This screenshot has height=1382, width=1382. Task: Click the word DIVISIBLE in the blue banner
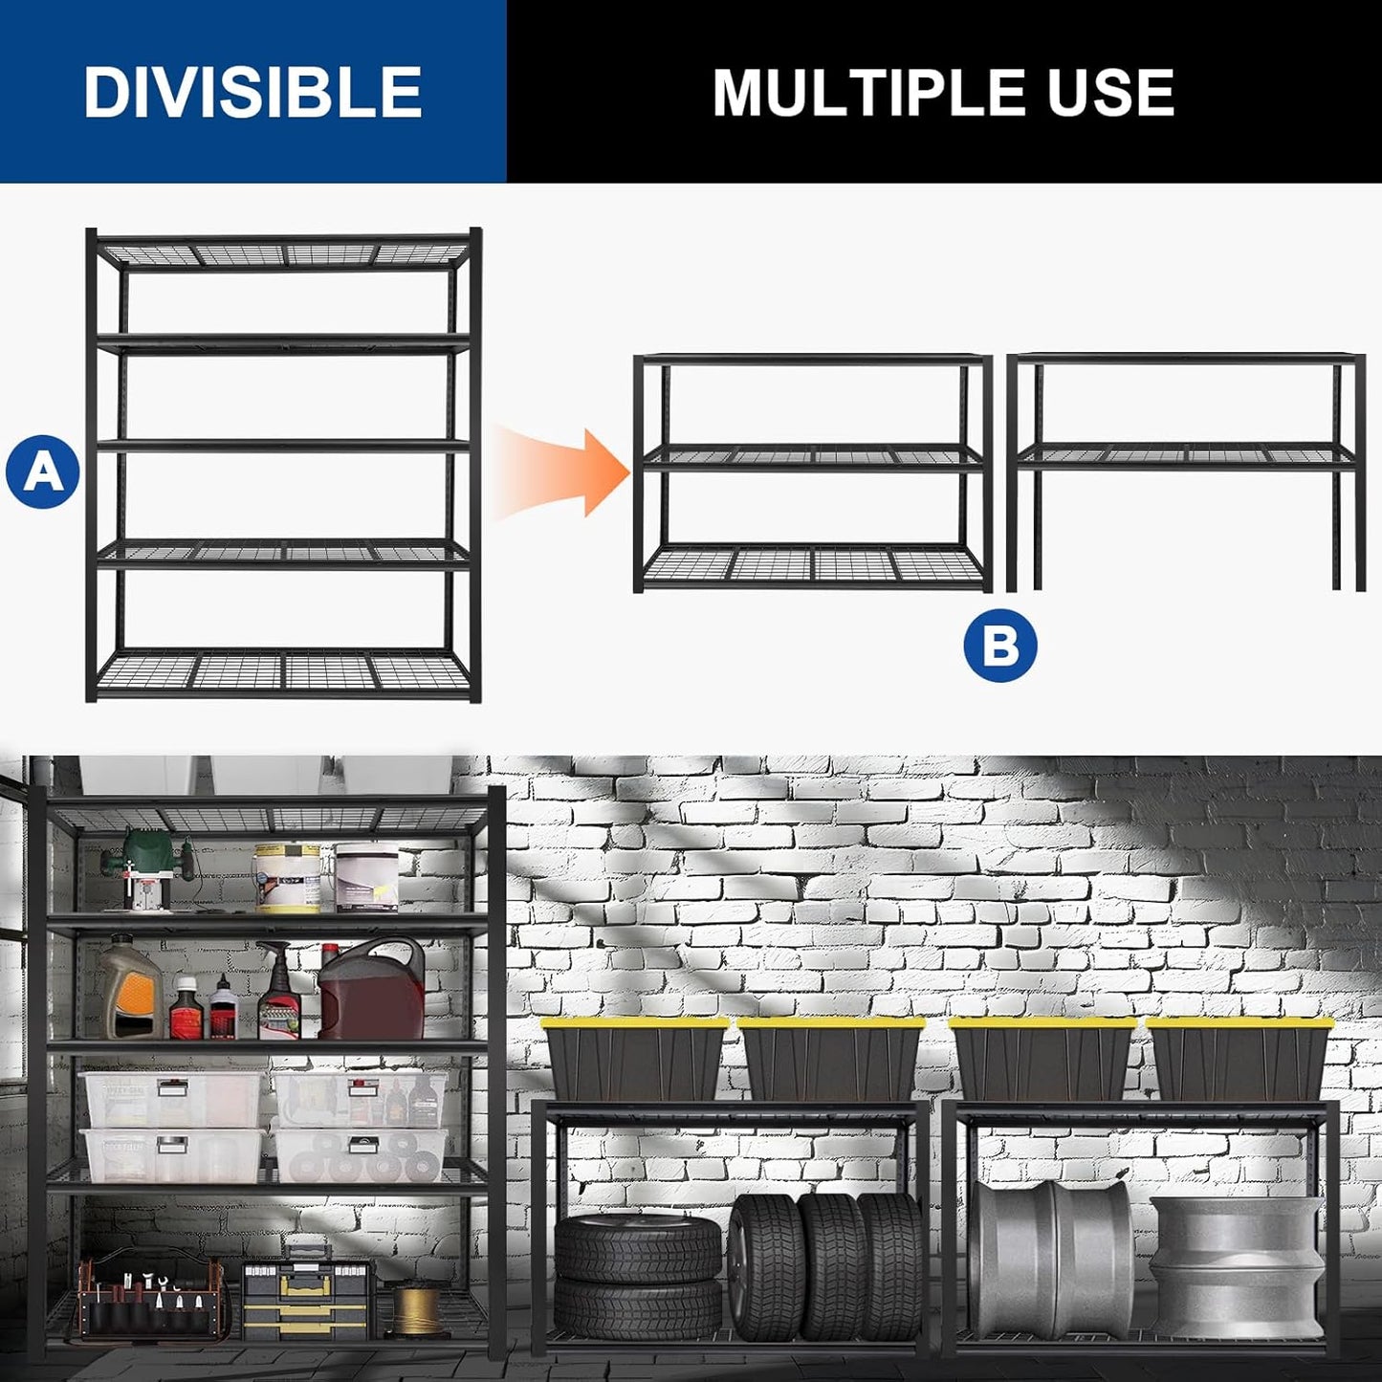252,92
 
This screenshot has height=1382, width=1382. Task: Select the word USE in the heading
1110,93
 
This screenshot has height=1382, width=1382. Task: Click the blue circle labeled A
42,472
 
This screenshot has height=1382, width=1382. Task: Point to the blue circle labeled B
1000,646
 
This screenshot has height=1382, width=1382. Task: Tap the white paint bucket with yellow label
287,877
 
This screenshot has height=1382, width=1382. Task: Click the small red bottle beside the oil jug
184,1009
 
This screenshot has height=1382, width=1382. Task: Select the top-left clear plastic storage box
172,1100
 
